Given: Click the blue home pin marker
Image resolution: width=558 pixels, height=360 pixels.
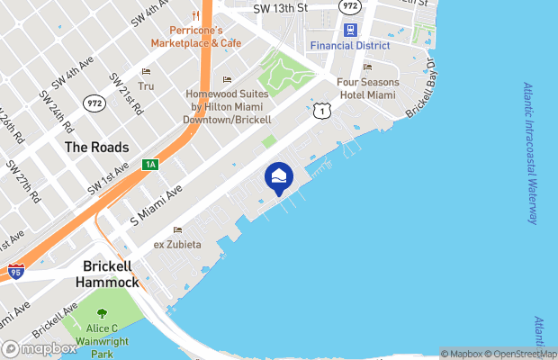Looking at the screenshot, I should (x=278, y=178).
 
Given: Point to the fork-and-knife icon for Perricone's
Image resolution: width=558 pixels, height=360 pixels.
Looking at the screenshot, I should (x=195, y=15).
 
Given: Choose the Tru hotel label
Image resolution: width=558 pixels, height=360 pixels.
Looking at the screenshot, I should (x=146, y=86).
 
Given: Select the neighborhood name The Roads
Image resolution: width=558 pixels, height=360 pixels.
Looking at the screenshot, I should (x=96, y=147).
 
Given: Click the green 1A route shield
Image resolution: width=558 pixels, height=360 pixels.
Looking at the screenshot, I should (x=150, y=165).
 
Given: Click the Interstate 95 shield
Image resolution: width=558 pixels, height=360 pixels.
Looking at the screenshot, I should (x=15, y=270).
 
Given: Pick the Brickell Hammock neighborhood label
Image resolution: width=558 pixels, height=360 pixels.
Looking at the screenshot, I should (x=111, y=274).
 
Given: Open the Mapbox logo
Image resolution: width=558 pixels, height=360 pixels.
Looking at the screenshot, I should (x=40, y=348).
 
